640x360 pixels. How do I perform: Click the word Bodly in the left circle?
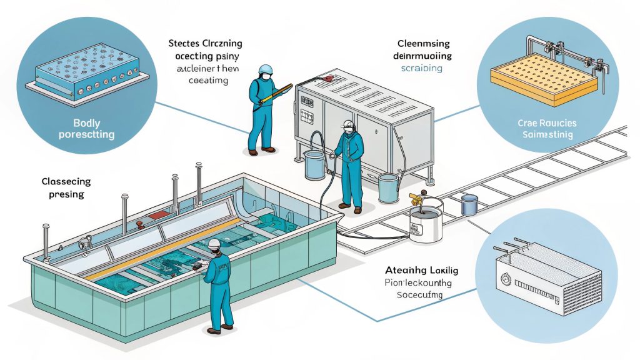pyautogui.click(x=73, y=123)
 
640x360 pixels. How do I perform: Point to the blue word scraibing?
pyautogui.click(x=421, y=68)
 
